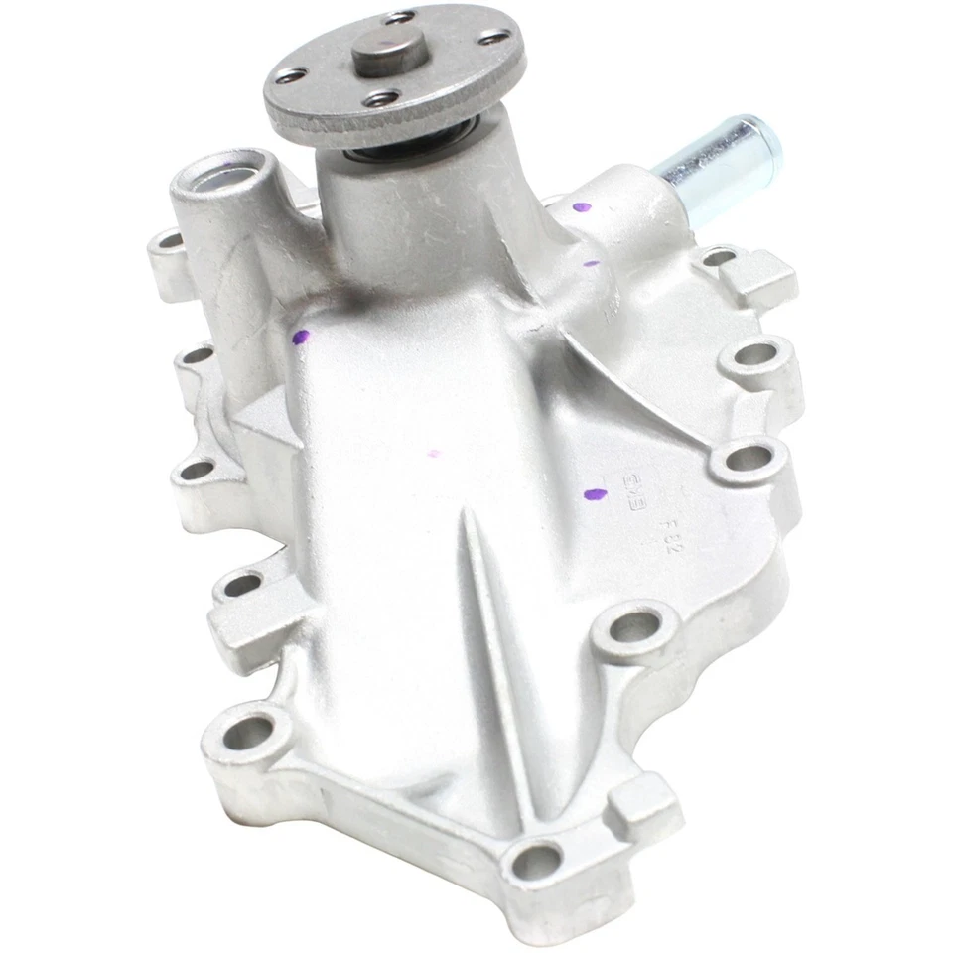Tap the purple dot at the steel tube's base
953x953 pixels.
582,208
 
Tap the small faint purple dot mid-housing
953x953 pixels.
433,454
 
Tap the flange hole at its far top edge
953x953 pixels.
401,17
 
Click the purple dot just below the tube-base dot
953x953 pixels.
592,264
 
